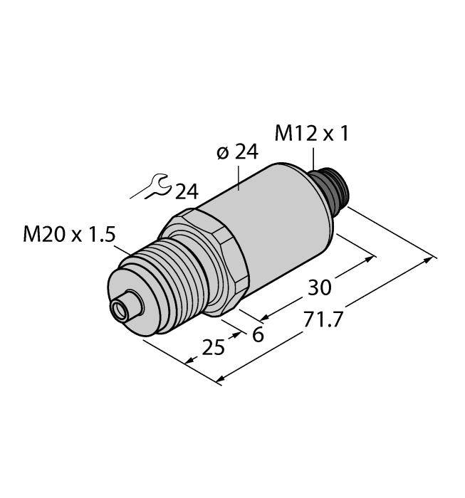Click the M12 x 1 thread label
point(311,134)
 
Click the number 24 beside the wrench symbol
point(186,191)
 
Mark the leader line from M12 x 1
point(312,157)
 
